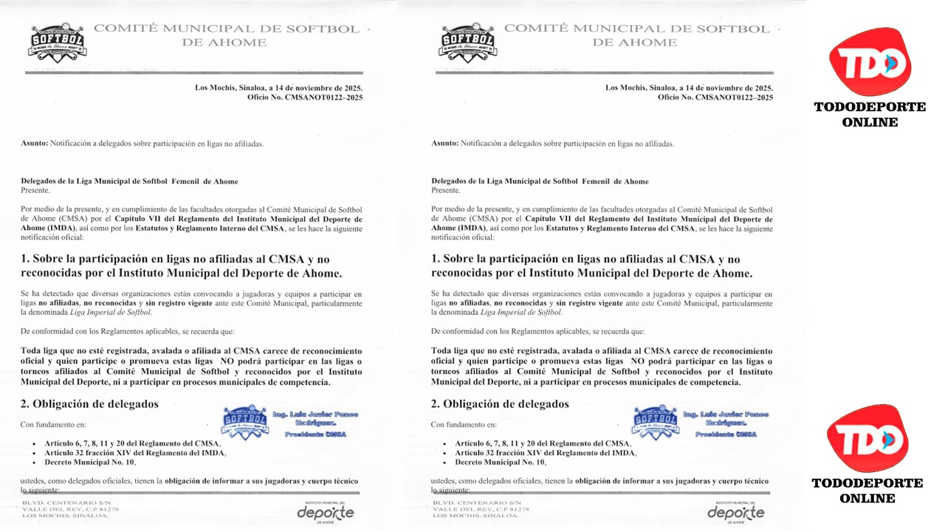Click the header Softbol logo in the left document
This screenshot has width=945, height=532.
coord(57,43)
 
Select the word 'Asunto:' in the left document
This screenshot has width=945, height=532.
coord(35,143)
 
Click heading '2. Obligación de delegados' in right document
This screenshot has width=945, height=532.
coord(500,404)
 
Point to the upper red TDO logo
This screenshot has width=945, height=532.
coord(870,61)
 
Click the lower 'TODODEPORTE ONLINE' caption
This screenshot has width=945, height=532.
coord(867,490)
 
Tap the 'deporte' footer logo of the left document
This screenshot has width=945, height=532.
coord(326,512)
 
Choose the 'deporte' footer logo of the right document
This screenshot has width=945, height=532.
coord(736,512)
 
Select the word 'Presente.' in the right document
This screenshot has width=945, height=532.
coord(446,190)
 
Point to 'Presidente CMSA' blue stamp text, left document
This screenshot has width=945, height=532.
coord(315,434)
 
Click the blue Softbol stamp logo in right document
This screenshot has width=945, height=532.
coord(656,422)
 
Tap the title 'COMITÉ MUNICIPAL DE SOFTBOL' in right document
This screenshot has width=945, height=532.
coord(636,29)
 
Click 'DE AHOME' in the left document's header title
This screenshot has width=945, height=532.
coord(224,43)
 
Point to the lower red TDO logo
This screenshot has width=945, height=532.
coord(867,439)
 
